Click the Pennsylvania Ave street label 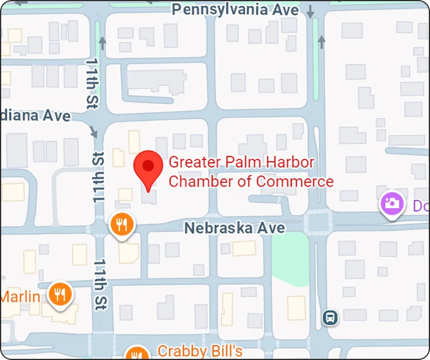tap(236, 10)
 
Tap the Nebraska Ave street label tap(235, 228)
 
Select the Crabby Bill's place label tap(200, 352)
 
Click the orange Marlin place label tap(20, 296)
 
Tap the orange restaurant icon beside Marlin tap(60, 295)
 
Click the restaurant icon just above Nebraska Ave tap(122, 224)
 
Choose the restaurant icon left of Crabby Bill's tap(137, 353)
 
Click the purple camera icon tap(393, 203)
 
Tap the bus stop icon tap(330, 318)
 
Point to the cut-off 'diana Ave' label tap(35, 116)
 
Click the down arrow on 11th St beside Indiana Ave tap(94, 132)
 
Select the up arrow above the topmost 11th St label tap(102, 43)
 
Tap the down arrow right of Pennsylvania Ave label tap(310, 11)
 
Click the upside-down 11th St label tap(98, 177)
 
